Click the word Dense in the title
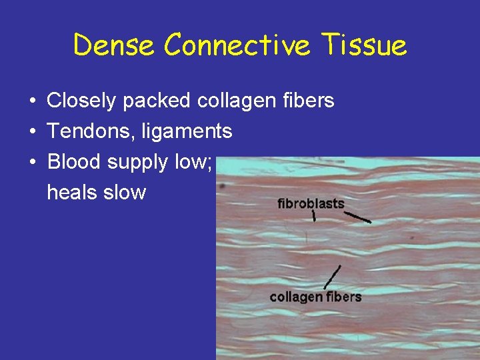point(115,45)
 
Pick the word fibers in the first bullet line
point(308,101)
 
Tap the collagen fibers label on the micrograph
point(315,297)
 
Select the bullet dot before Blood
point(33,163)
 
